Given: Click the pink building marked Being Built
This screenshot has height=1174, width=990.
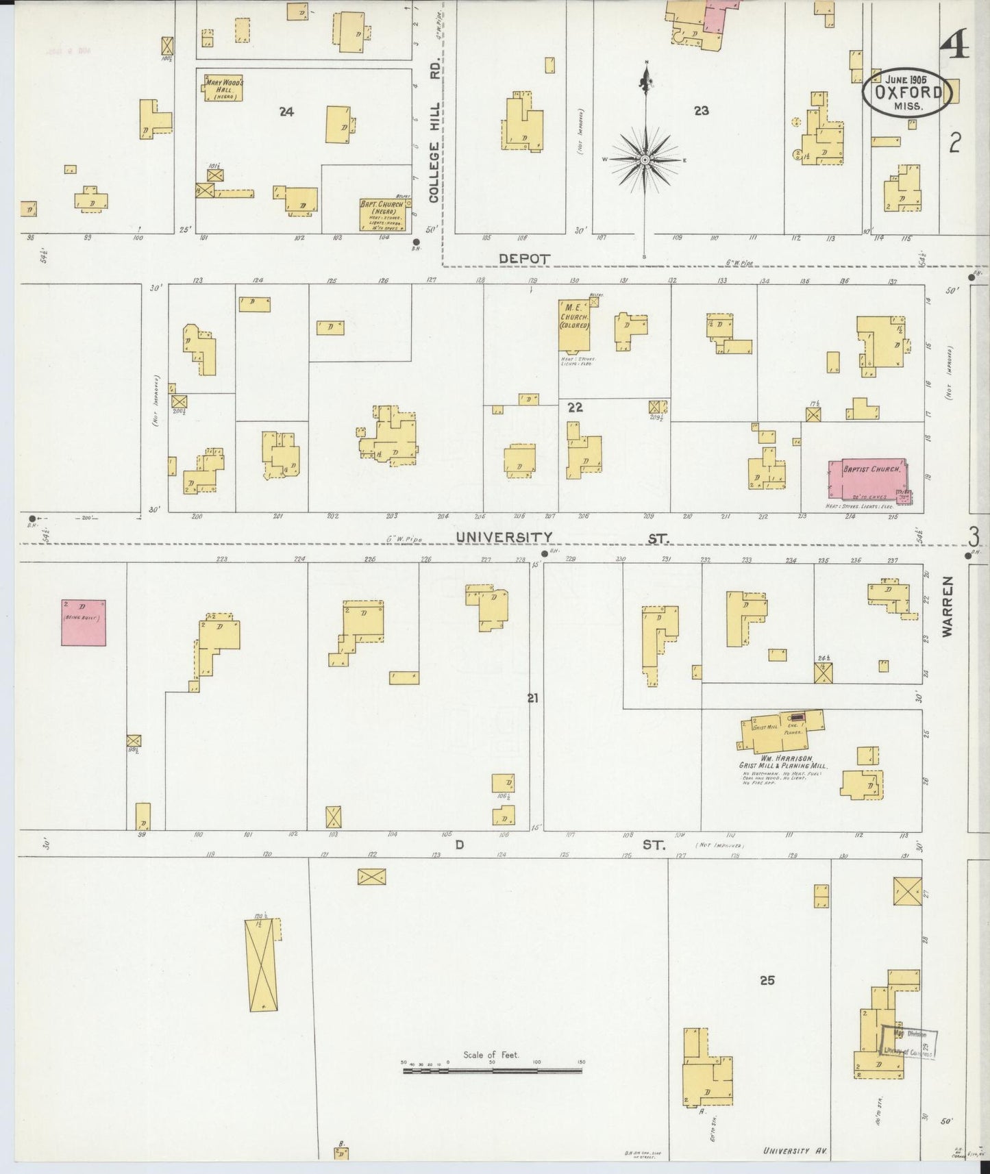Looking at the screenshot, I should [x=84, y=622].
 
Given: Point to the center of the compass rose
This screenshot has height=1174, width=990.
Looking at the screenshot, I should [x=645, y=160].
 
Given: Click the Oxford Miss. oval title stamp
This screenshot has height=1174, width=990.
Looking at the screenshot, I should [x=906, y=95].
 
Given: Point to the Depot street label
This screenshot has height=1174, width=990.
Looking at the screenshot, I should [x=525, y=258].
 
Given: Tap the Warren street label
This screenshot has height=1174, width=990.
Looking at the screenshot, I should [x=948, y=607].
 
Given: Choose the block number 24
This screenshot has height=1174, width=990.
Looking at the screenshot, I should [x=286, y=112].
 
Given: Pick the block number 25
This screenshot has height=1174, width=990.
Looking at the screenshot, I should [x=767, y=980].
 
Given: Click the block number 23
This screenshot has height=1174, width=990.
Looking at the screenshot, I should [x=700, y=110].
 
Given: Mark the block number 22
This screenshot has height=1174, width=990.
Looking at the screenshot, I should [x=574, y=407].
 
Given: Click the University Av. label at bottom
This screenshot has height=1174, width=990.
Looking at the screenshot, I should [x=795, y=1151].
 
